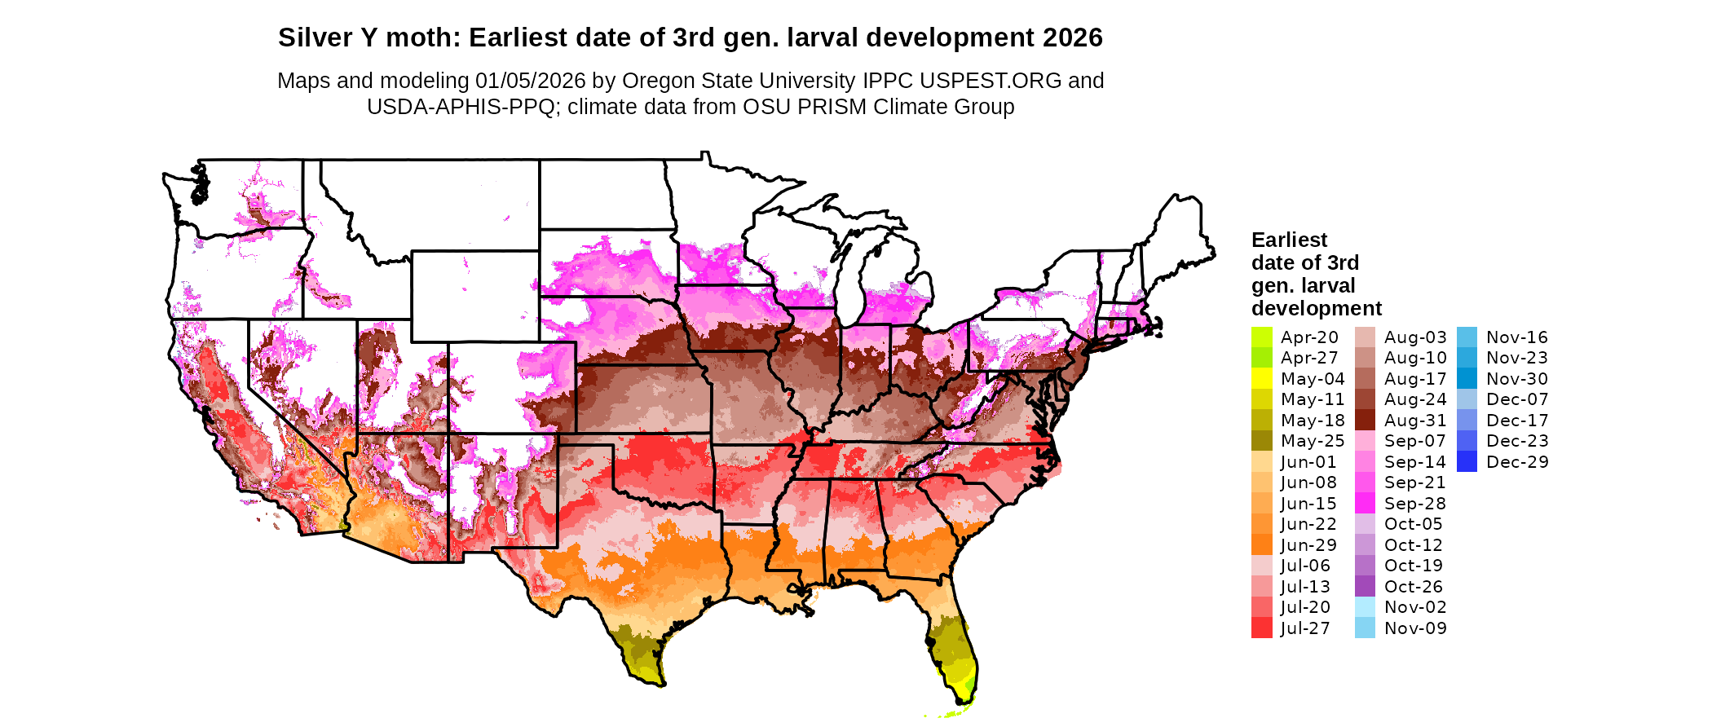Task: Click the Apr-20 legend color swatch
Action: pos(1261,337)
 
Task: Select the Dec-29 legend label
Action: pos(1517,462)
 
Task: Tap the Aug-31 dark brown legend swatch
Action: pos(1365,421)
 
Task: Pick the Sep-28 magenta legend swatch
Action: pos(1365,504)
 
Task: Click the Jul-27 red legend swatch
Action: pos(1261,628)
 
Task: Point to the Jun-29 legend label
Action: pos(1308,545)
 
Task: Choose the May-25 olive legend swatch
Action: pos(1261,441)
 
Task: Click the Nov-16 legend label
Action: pos(1516,337)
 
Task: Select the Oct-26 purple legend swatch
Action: pos(1365,587)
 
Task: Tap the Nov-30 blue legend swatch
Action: pos(1467,379)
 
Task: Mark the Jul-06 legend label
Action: pos(1305,566)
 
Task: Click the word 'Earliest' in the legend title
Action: pos(1289,240)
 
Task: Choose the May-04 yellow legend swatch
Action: pos(1261,379)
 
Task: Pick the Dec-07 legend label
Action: pos(1517,399)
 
